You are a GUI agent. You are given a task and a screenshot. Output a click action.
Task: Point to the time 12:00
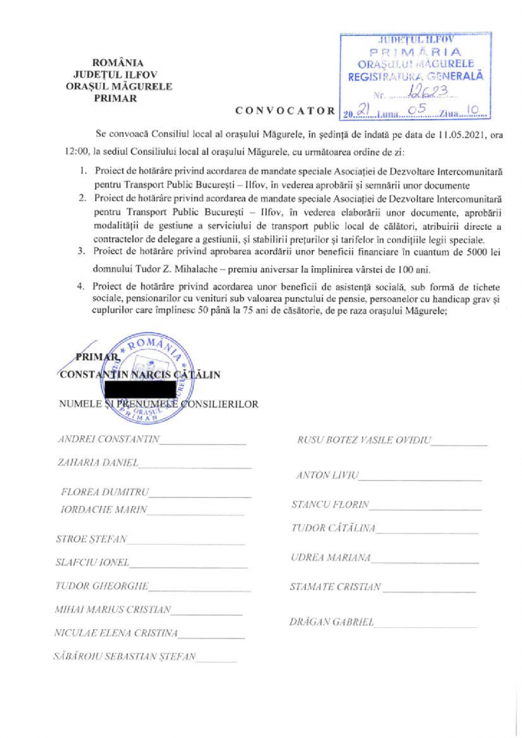point(68,154)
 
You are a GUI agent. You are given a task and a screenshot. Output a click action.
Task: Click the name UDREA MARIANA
point(330,559)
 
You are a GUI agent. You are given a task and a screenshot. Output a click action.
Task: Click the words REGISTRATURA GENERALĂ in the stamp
point(416,75)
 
